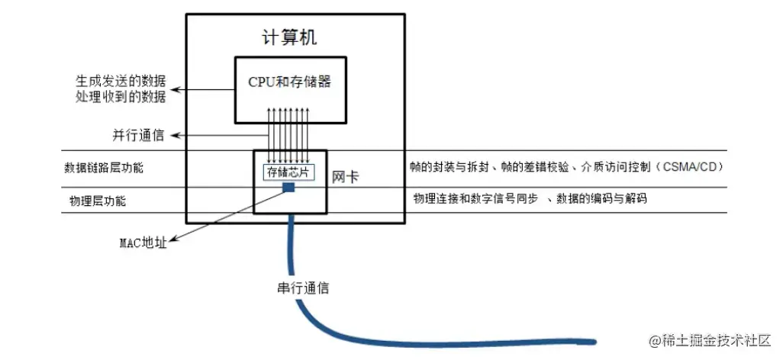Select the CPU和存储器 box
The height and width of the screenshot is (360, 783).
[289, 88]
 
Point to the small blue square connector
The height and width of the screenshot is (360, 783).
[289, 188]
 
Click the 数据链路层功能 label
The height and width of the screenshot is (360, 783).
[104, 168]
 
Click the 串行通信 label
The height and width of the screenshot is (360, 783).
[304, 288]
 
